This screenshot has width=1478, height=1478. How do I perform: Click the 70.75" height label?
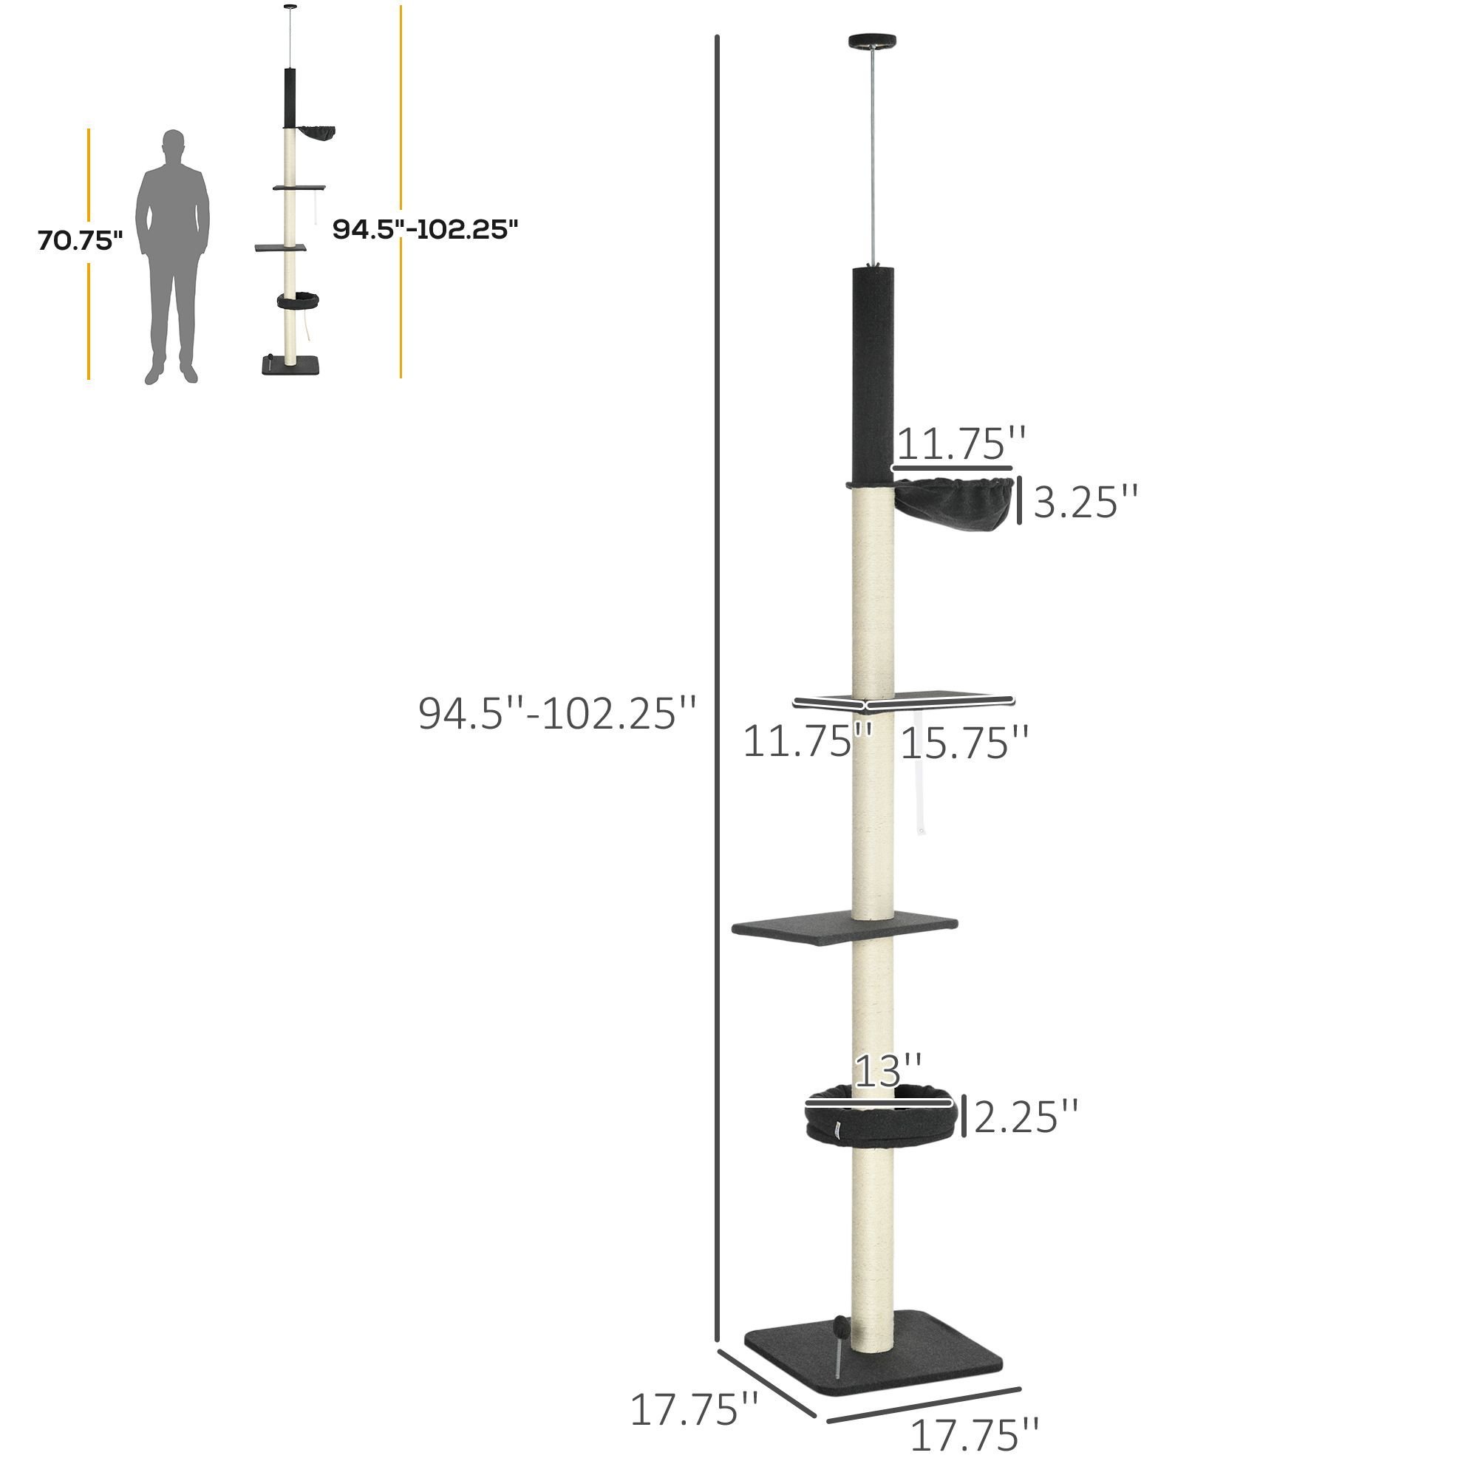click(81, 240)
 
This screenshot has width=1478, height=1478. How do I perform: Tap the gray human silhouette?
click(172, 256)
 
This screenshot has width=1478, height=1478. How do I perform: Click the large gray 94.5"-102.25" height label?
click(558, 714)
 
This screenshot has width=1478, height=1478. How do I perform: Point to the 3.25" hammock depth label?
click(1086, 503)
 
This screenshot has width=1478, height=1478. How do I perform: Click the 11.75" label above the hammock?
click(961, 443)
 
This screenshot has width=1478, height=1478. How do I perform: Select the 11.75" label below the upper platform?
click(808, 740)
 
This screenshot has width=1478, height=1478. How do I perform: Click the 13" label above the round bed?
click(888, 1071)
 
